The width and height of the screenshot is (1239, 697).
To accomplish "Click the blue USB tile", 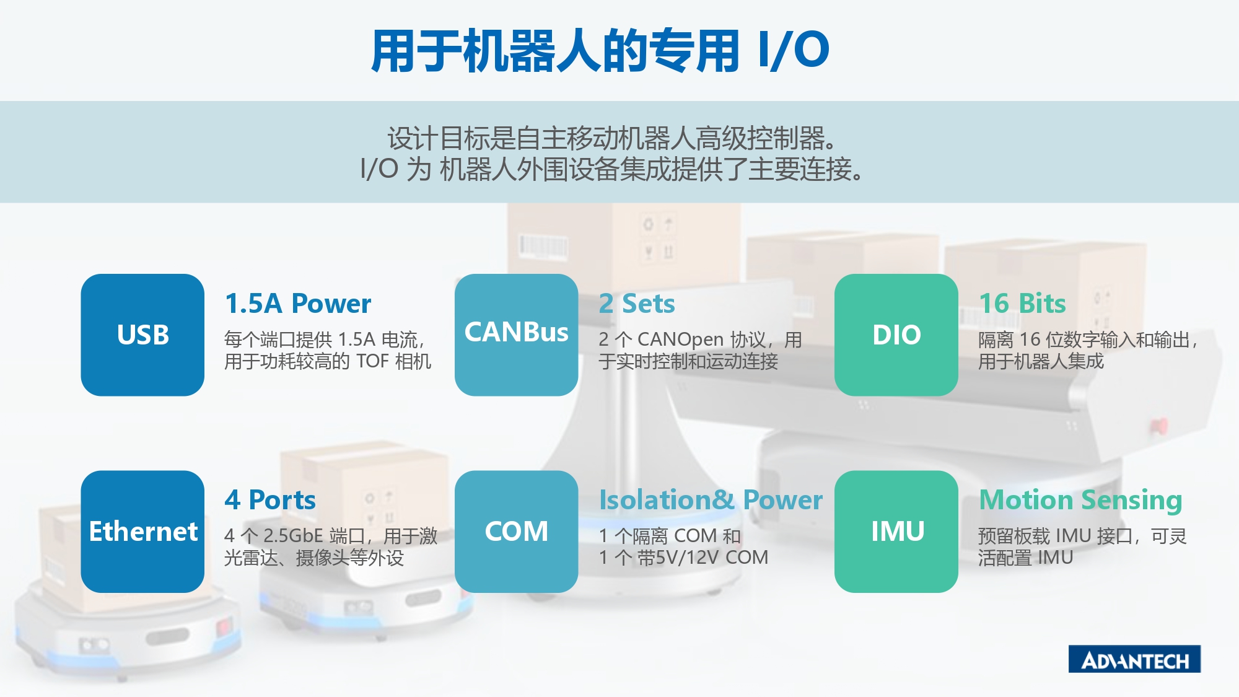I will (142, 335).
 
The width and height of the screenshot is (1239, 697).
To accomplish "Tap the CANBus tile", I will (516, 335).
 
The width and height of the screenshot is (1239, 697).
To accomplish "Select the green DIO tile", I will (896, 335).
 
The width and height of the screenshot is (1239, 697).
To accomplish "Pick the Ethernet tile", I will (142, 531).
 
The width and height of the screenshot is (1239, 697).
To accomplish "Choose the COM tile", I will (516, 531).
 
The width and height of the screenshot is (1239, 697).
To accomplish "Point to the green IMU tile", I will (896, 531).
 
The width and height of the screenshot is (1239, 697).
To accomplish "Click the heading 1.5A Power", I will (298, 304).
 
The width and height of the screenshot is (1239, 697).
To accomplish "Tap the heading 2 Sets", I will (637, 304).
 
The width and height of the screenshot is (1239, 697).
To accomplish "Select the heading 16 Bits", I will (1022, 304).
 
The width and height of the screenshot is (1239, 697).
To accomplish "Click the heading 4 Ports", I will (270, 500).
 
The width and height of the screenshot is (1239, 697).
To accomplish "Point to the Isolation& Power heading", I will (711, 500).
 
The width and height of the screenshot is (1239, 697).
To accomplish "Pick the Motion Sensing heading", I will (1080, 500).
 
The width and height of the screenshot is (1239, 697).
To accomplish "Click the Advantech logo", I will (1134, 659).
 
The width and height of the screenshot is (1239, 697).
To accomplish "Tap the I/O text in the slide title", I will (794, 50).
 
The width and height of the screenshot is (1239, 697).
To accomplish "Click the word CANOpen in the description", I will (680, 340).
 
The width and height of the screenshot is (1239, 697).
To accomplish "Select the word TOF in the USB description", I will (372, 361).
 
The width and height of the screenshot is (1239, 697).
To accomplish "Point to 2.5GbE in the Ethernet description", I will (293, 536).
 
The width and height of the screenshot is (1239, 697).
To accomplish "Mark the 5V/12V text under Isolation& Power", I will (688, 558).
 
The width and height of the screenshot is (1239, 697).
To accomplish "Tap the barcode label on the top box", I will (543, 246).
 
